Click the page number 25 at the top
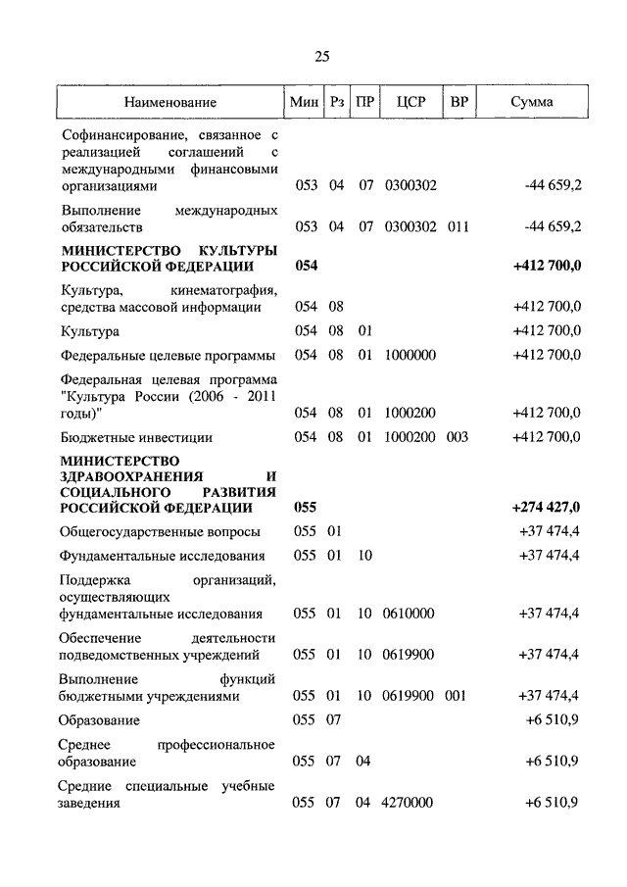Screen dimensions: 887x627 pos(321,56)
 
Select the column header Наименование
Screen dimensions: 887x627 pos(170,102)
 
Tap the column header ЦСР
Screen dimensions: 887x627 pos(410,102)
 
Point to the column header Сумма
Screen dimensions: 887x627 pos(532,102)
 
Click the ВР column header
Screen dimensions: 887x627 pos(458,102)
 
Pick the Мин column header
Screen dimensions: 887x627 pos(305,102)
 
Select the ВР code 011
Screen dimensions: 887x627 pos(458,226)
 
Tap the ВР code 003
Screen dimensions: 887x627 pos(458,437)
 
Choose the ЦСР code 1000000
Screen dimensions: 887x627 pos(410,355)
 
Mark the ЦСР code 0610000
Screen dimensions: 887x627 pos(410,614)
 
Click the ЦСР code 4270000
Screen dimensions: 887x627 pos(410,803)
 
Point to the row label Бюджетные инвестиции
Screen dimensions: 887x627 pos(136,437)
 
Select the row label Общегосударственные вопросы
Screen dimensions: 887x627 pos(160,532)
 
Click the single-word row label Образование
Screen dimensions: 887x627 pos(100,720)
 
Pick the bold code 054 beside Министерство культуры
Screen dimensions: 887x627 pos(306,267)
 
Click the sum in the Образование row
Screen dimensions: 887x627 pos(553,720)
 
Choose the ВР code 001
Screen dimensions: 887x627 pos(458,696)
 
